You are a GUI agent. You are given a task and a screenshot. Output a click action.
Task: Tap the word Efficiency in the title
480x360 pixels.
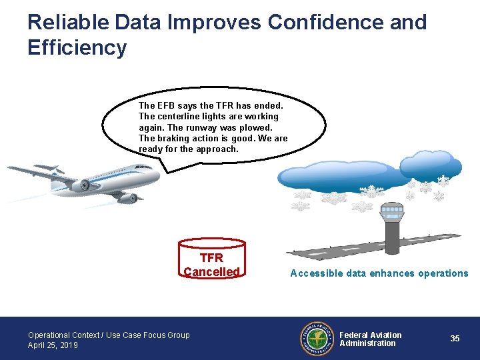[x=77, y=48]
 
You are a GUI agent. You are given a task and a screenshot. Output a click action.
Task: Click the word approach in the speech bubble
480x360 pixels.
[x=216, y=149]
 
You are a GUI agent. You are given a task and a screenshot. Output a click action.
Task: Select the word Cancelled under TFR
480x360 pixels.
[x=211, y=272]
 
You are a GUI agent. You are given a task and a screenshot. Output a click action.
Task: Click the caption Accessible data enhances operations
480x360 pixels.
[x=379, y=273]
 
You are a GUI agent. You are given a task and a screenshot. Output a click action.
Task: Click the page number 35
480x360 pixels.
[x=455, y=339]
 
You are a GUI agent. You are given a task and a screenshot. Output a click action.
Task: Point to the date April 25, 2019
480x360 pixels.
[x=53, y=345]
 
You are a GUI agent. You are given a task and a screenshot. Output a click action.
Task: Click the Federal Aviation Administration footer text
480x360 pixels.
[x=370, y=339]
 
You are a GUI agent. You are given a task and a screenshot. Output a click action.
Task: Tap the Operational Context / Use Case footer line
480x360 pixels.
[x=109, y=335]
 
